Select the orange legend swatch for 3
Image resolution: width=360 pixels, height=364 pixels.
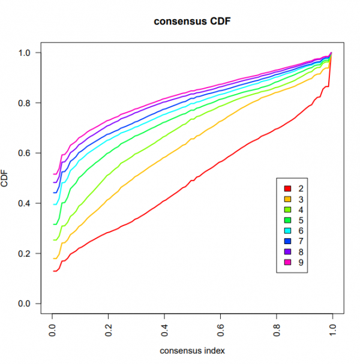[287, 200]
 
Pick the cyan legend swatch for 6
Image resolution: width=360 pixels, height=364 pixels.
[287, 231]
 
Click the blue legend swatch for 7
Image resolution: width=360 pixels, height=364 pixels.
[287, 241]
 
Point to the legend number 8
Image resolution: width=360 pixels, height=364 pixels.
[301, 252]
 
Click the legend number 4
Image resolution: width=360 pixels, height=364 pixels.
[301, 210]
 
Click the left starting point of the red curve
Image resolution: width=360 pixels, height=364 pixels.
[53, 271]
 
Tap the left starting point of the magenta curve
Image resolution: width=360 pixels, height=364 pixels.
[53, 175]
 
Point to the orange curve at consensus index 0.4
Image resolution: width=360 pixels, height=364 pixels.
[164, 158]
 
